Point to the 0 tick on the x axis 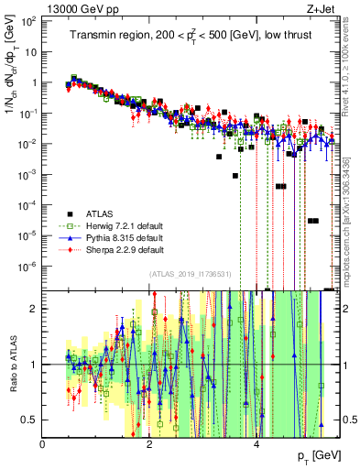pyautogui.click(x=43, y=444)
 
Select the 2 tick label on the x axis pyautogui.click(x=149, y=444)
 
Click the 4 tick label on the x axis pyautogui.click(x=256, y=444)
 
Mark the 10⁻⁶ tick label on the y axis pyautogui.click(x=29, y=267)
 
